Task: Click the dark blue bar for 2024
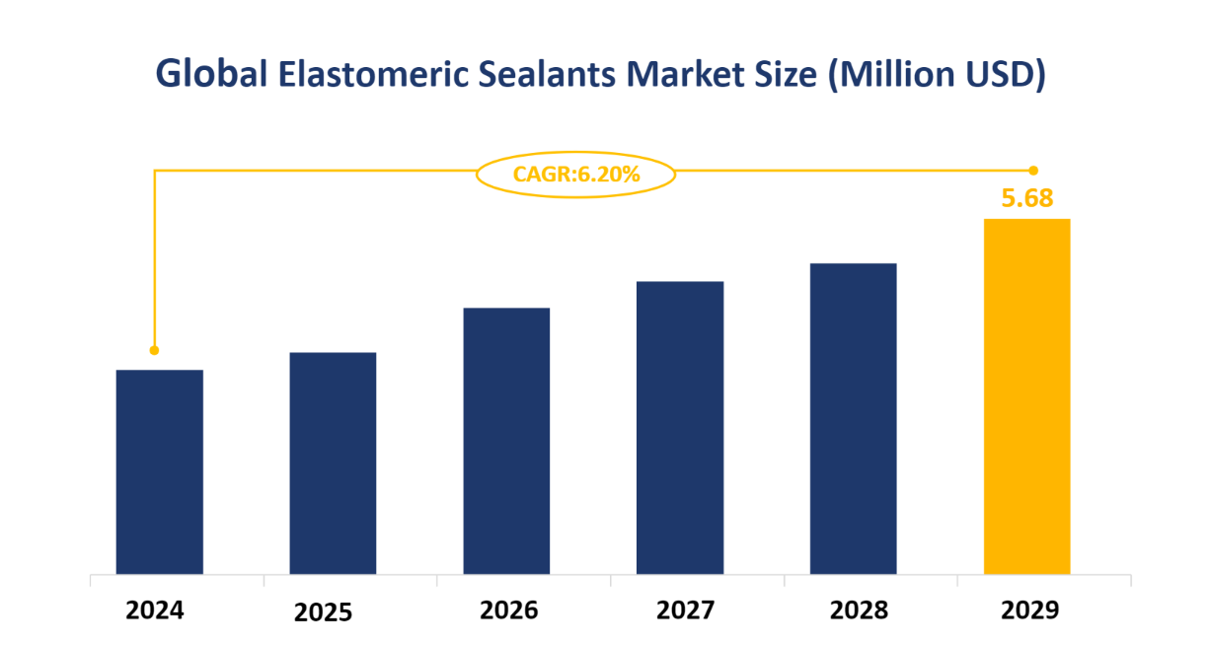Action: (x=159, y=471)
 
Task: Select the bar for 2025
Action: (x=333, y=463)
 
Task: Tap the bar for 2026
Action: (x=506, y=440)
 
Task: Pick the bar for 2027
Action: (x=680, y=427)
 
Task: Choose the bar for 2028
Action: (x=853, y=418)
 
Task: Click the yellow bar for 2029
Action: (x=1026, y=395)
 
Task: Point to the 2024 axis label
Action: (x=155, y=610)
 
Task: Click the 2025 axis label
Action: (x=324, y=613)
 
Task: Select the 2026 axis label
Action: (x=509, y=610)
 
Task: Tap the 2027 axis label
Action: (x=685, y=610)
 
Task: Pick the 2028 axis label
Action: (x=859, y=610)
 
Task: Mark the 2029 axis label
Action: (x=1030, y=610)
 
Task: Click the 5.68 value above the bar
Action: (x=1027, y=198)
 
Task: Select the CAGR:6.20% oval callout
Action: (x=576, y=175)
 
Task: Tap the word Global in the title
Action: (x=211, y=75)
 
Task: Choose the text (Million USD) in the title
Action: (x=936, y=75)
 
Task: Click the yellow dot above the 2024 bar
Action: (x=154, y=350)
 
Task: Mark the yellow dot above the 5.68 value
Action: (x=1033, y=171)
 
